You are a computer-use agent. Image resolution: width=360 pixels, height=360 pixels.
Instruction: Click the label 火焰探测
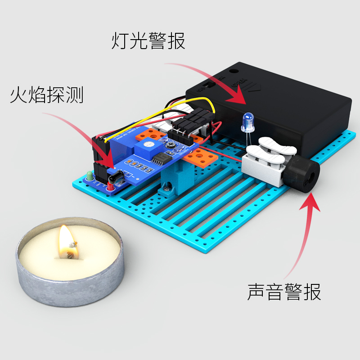click(47, 95)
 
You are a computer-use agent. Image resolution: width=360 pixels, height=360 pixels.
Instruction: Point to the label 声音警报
click(284, 292)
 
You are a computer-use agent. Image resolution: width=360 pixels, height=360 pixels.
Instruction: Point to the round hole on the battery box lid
click(234, 70)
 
